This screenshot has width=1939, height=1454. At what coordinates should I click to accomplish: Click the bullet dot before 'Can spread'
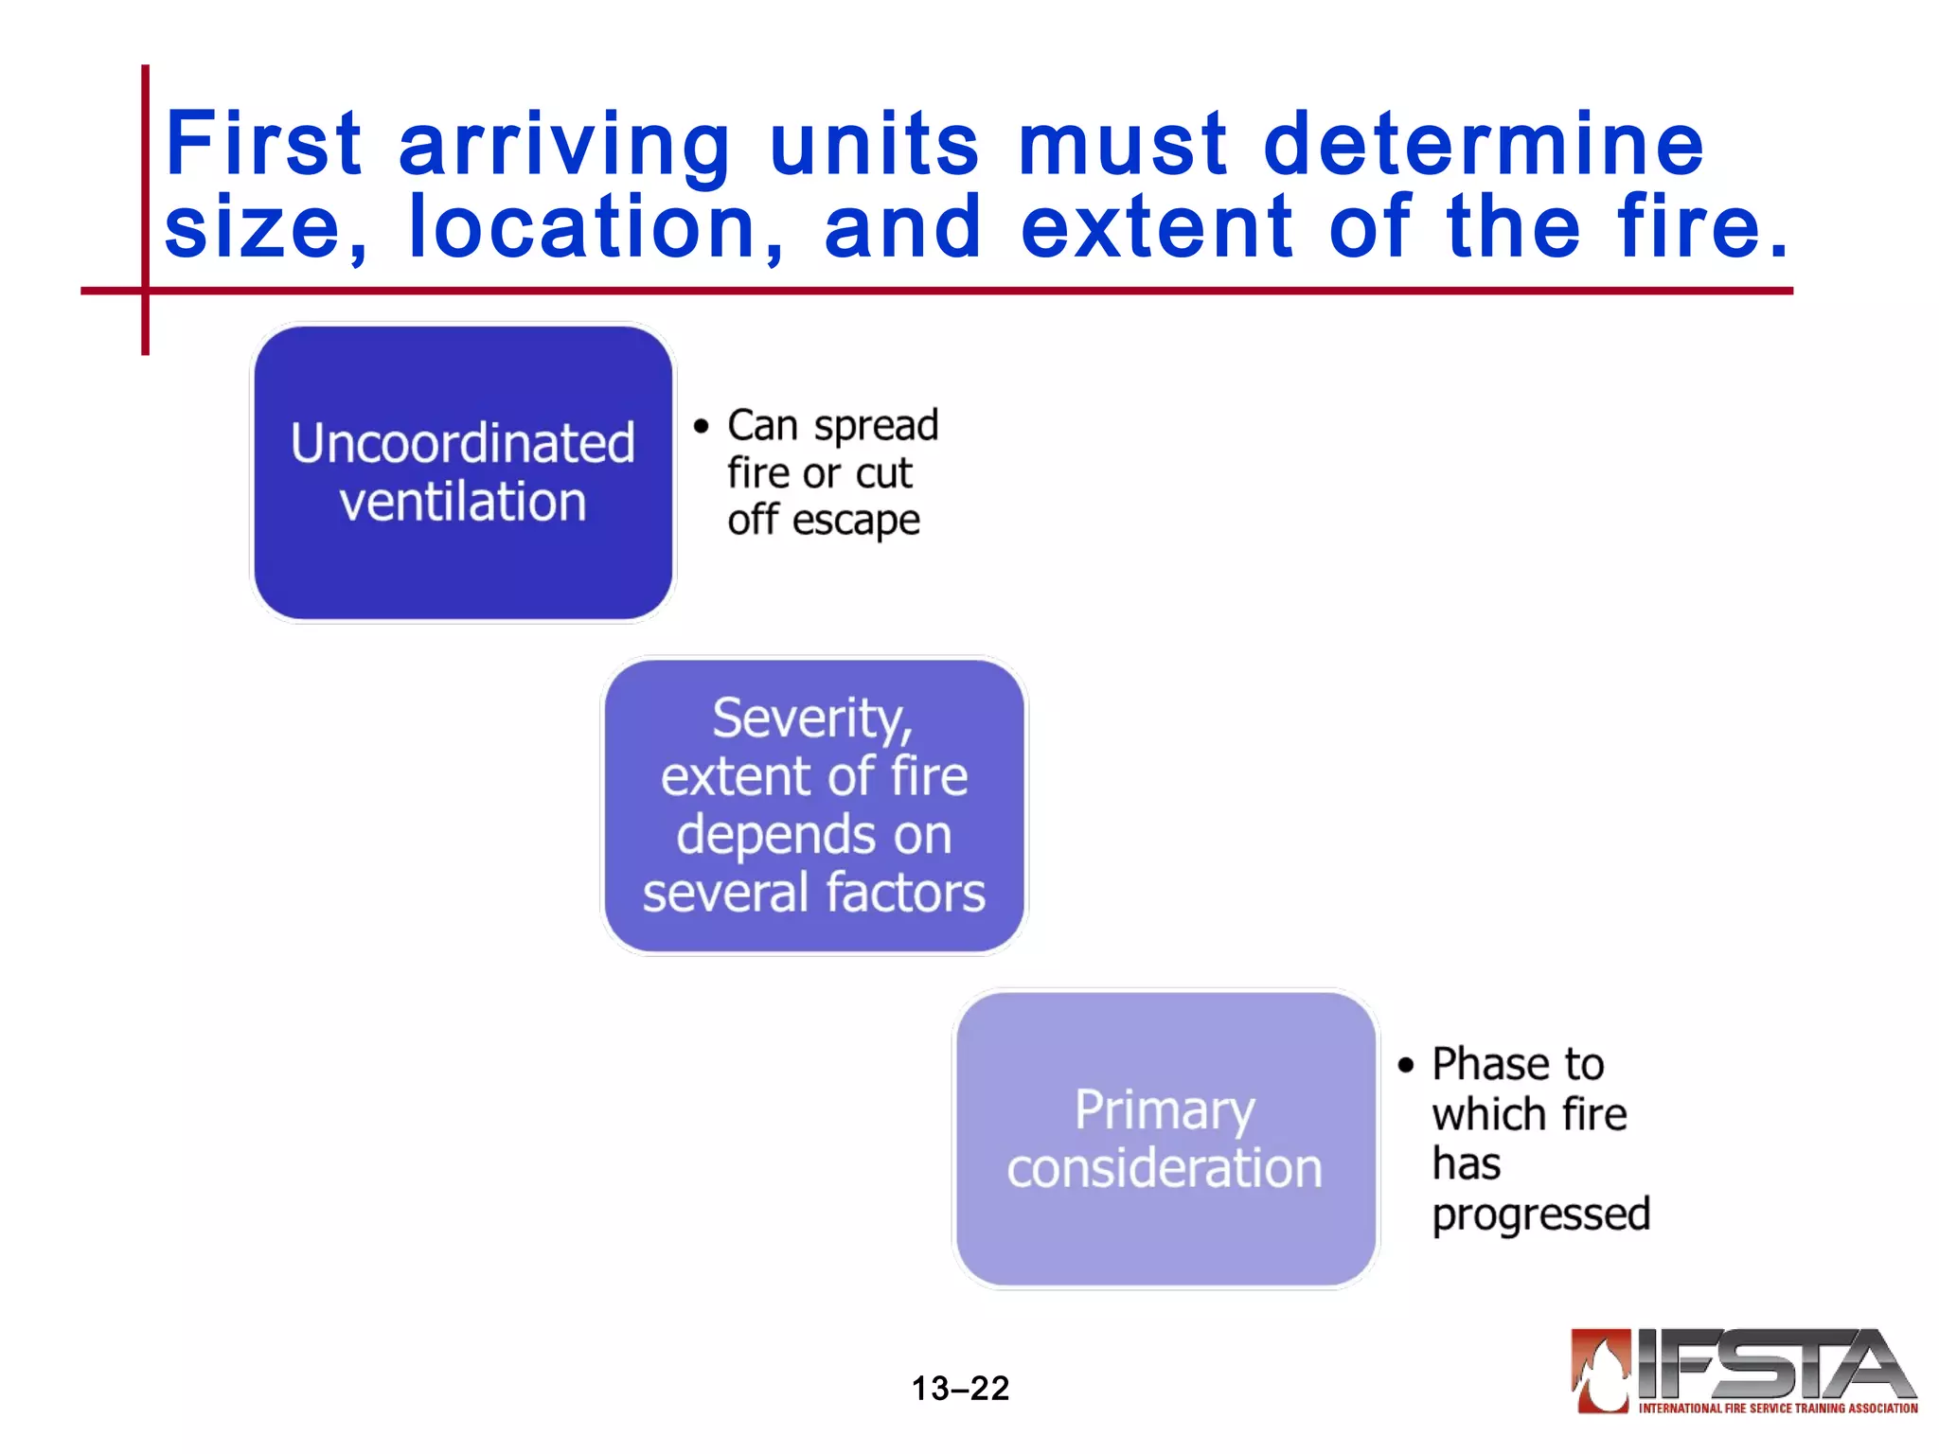pyautogui.click(x=701, y=426)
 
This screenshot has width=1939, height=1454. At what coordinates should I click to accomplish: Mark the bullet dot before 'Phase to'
pyautogui.click(x=1406, y=1065)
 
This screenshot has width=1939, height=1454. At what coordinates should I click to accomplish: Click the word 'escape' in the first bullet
pyautogui.click(x=856, y=522)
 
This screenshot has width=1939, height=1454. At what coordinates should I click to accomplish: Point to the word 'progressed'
pyautogui.click(x=1540, y=1215)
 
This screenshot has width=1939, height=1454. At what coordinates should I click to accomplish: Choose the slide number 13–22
pyautogui.click(x=960, y=1389)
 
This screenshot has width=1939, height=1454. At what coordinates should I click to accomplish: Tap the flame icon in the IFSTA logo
pyautogui.click(x=1601, y=1370)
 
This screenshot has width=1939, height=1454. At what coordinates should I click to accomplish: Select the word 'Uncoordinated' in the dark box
pyautogui.click(x=462, y=443)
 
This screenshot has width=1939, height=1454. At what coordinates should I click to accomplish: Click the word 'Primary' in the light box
pyautogui.click(x=1165, y=1110)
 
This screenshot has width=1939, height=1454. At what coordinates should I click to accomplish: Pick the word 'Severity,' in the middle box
pyautogui.click(x=812, y=719)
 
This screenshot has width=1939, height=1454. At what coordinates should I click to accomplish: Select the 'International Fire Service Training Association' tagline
pyautogui.click(x=1778, y=1409)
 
